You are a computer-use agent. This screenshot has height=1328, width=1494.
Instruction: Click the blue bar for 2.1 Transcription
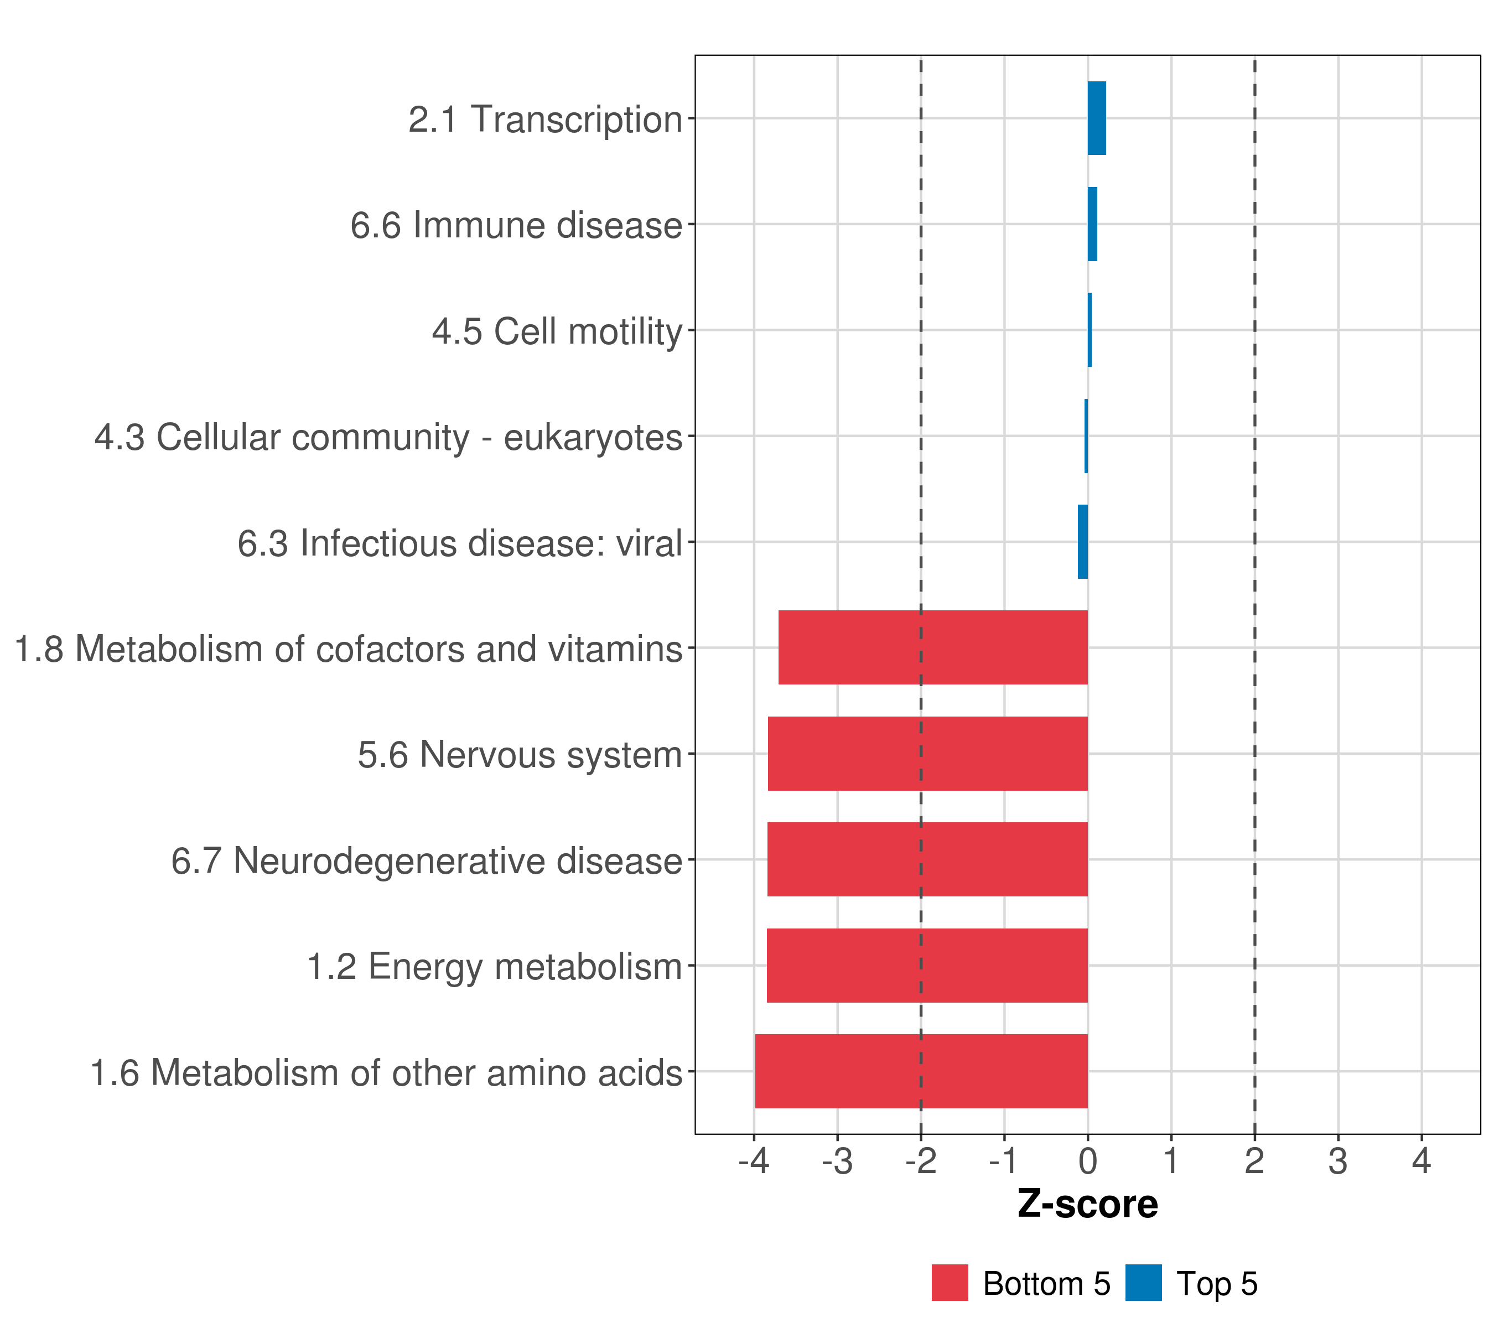[x=1096, y=118]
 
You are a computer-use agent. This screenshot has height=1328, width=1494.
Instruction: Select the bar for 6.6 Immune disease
[x=1092, y=225]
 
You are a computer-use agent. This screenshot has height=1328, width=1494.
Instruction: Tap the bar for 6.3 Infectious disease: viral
[x=1082, y=542]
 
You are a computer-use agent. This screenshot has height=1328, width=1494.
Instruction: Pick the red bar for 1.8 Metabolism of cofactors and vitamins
[x=933, y=647]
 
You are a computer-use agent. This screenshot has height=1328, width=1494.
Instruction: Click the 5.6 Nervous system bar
[x=927, y=754]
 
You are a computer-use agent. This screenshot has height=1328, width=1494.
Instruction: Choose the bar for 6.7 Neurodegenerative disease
[x=927, y=859]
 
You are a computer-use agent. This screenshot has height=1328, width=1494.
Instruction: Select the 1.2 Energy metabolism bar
[x=927, y=966]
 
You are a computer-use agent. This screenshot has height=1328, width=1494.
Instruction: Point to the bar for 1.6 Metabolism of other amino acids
[x=921, y=1071]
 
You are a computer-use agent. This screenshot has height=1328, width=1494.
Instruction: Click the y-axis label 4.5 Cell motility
[x=557, y=331]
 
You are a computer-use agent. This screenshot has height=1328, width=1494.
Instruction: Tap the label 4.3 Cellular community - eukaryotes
[x=388, y=437]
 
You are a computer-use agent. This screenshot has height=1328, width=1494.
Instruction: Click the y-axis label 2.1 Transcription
[x=545, y=119]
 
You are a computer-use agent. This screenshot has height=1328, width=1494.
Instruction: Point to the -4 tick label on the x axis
[x=754, y=1161]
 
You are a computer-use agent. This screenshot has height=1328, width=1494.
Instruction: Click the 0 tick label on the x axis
[x=1088, y=1161]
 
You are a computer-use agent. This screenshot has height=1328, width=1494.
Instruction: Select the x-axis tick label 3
[x=1337, y=1161]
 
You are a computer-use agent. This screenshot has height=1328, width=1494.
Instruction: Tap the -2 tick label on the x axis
[x=920, y=1161]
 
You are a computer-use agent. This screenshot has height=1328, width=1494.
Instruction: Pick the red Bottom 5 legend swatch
[x=950, y=1283]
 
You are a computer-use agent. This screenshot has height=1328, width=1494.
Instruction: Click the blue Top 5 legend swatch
[x=1143, y=1283]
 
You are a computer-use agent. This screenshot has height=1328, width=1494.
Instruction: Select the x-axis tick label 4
[x=1421, y=1161]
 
